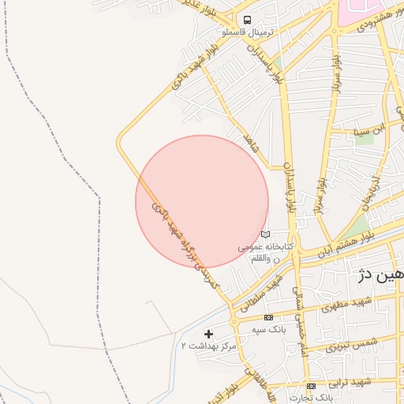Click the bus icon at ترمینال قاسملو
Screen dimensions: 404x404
(x=248, y=20)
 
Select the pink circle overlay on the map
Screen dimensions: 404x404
(x=202, y=201)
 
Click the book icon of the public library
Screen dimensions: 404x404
(x=265, y=234)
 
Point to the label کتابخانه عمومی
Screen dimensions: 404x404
(x=266, y=247)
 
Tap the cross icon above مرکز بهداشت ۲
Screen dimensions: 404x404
(x=208, y=335)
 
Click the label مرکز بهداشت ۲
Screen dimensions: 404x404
(x=208, y=346)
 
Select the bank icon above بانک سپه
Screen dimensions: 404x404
(x=268, y=317)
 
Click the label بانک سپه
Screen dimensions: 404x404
(x=268, y=328)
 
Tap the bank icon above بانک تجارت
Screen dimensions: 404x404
(x=311, y=386)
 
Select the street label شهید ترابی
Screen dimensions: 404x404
(x=351, y=382)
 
